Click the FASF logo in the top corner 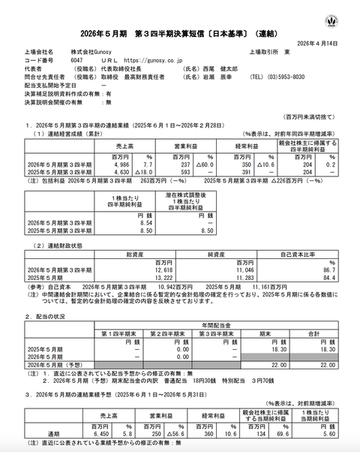331,20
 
